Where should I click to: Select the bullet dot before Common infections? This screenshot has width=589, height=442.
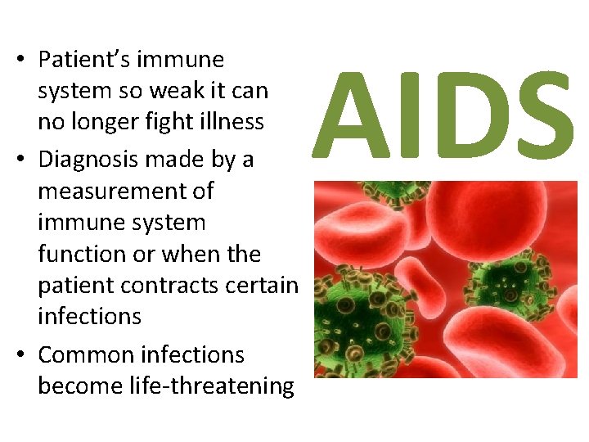[17, 355]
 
